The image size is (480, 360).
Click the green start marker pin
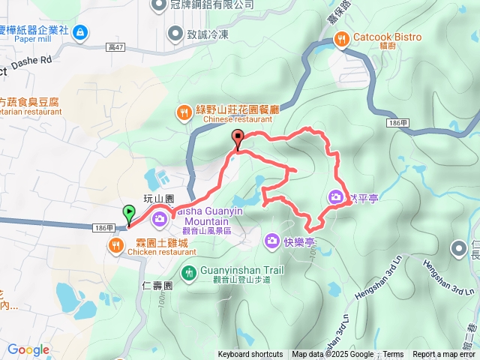click(x=129, y=214)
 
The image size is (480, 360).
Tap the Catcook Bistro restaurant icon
click(x=341, y=37)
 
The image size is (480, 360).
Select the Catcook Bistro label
click(x=387, y=37)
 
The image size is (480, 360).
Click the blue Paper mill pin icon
click(x=80, y=32)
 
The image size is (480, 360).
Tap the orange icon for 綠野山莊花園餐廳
click(x=183, y=113)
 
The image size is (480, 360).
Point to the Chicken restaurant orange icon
click(x=115, y=246)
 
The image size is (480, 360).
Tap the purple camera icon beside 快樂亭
click(x=271, y=241)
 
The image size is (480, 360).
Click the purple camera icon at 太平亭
click(x=334, y=198)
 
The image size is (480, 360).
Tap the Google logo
click(x=28, y=349)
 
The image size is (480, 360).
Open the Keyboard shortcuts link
click(x=250, y=355)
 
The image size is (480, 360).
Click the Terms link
click(x=393, y=355)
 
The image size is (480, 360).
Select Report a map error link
click(x=445, y=355)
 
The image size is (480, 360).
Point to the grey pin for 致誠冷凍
click(x=175, y=32)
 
